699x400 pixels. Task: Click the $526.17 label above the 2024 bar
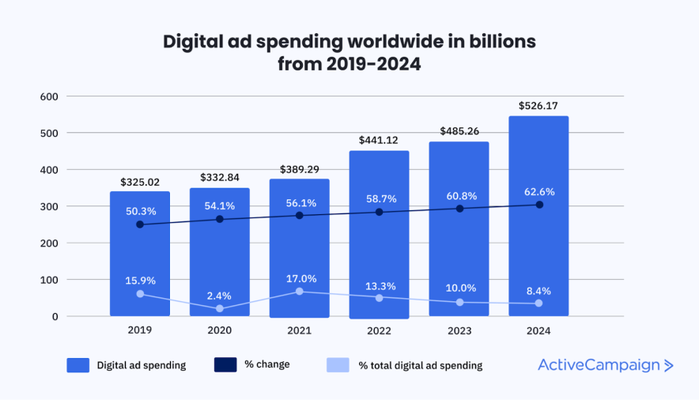[x=538, y=105]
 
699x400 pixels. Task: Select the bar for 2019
[x=140, y=253]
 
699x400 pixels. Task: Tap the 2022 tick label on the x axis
[x=379, y=330]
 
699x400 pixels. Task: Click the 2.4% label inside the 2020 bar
[x=220, y=296]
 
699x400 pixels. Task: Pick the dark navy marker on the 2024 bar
[x=539, y=205]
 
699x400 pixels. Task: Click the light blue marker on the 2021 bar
[x=300, y=292]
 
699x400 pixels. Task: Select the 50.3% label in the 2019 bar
[x=140, y=211]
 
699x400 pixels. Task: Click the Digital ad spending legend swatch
[x=77, y=364]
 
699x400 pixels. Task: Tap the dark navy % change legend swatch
[x=226, y=364]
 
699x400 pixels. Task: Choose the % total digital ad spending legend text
[x=420, y=365]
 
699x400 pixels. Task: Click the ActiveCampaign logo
[x=606, y=364]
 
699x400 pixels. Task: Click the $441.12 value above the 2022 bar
[x=379, y=141]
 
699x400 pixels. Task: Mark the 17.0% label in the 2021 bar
[x=300, y=278]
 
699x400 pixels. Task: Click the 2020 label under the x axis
[x=220, y=330]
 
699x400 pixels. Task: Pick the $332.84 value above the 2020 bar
[x=220, y=178]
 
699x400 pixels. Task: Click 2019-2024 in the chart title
[x=373, y=65]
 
